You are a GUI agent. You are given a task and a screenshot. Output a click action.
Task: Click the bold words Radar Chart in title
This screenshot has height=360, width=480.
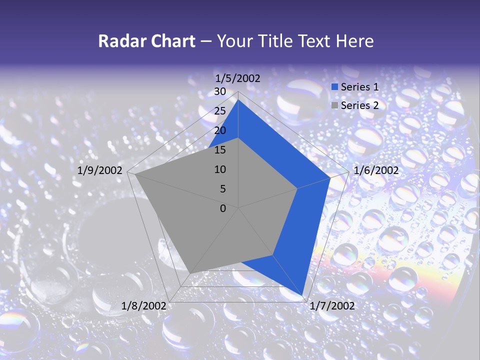click(x=146, y=41)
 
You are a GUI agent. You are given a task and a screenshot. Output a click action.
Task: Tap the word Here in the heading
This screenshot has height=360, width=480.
click(x=355, y=41)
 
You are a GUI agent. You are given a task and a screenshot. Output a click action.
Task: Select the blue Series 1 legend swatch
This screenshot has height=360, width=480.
click(x=335, y=87)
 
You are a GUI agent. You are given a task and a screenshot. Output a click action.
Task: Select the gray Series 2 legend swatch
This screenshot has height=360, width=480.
click(x=335, y=105)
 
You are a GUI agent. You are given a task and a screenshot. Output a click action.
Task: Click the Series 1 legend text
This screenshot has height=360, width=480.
click(x=359, y=87)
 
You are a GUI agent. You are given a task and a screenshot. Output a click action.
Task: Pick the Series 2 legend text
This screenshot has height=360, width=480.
click(x=359, y=105)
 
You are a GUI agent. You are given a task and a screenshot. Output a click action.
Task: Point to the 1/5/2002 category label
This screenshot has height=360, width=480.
click(x=238, y=78)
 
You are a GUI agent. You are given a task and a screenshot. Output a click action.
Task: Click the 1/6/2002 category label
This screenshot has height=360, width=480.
click(x=376, y=170)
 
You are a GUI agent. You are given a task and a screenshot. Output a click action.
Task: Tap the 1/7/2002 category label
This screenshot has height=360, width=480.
click(x=332, y=306)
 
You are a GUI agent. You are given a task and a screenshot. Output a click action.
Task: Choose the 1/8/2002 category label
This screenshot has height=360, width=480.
click(x=144, y=306)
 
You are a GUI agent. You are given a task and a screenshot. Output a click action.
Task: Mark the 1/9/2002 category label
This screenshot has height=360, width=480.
click(x=100, y=170)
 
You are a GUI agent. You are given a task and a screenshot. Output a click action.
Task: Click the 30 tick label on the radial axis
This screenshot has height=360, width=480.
click(x=220, y=91)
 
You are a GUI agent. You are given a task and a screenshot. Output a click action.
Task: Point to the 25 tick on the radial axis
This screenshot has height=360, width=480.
click(x=220, y=111)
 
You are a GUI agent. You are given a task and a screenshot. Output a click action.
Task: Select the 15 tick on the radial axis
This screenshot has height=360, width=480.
click(x=220, y=150)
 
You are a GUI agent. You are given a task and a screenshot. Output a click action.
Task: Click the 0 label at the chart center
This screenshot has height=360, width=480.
click(x=223, y=208)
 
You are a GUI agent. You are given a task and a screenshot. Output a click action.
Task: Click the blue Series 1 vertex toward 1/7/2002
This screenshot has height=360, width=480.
click(x=302, y=295)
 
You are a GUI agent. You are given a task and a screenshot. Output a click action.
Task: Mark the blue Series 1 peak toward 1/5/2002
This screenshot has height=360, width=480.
click(x=238, y=100)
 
